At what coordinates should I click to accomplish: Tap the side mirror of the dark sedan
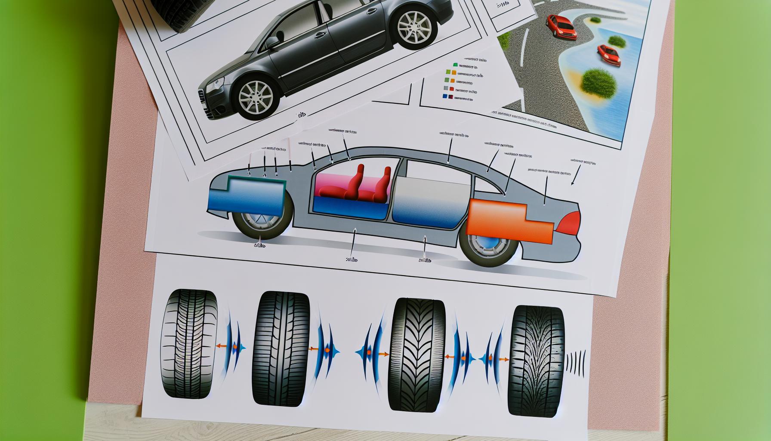272,42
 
